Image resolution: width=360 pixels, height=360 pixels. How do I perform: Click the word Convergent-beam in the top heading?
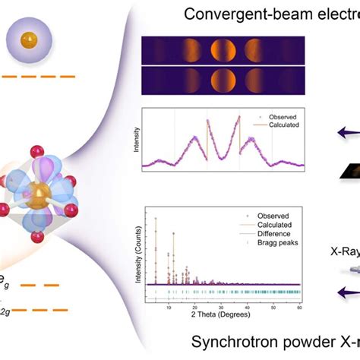coord(228,14)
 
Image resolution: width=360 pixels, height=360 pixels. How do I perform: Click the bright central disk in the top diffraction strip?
coord(223,52)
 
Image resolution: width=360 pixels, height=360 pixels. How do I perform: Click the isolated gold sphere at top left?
coord(27,37)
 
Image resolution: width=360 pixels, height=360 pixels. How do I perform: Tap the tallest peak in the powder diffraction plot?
coord(156,220)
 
